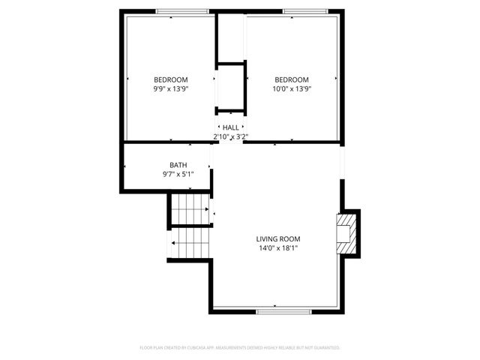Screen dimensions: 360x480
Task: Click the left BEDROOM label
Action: click(x=170, y=79)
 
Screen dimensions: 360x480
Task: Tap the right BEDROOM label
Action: click(x=291, y=79)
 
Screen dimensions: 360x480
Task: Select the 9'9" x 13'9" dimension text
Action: click(x=170, y=88)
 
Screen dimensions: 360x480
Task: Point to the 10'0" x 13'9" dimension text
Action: click(x=291, y=88)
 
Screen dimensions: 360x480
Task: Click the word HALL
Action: click(x=230, y=127)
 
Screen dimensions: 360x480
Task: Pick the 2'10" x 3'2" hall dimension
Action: click(x=230, y=136)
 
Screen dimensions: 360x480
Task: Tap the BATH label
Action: click(x=178, y=165)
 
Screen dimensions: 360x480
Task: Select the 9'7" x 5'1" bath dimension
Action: click(x=178, y=174)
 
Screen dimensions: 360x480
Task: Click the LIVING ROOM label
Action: click(x=278, y=238)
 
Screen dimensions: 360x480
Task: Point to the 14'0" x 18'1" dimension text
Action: click(x=278, y=247)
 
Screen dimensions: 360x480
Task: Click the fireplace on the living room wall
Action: click(x=346, y=232)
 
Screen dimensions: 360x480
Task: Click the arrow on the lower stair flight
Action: click(x=174, y=243)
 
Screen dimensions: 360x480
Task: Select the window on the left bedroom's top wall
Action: click(x=182, y=11)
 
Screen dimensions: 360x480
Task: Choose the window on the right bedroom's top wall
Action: click(x=304, y=11)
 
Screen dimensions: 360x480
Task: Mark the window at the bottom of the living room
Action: click(x=278, y=310)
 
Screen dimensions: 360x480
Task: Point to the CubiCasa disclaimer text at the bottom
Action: click(x=240, y=348)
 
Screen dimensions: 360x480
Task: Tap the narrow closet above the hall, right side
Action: click(x=231, y=37)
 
